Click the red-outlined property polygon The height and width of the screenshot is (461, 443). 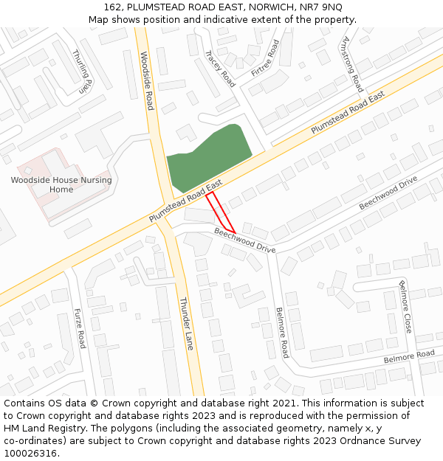(x=220, y=212)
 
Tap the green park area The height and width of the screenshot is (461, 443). (x=207, y=156)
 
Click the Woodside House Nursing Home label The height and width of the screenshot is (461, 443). (x=61, y=184)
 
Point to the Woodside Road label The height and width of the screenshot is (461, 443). (x=146, y=80)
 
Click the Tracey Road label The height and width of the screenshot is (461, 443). (x=219, y=69)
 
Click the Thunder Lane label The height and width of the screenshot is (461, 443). (x=186, y=322)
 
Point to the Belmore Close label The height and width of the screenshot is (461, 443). (x=405, y=306)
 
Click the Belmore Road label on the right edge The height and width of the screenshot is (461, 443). (x=409, y=357)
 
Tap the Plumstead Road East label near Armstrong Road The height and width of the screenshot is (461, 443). (x=348, y=113)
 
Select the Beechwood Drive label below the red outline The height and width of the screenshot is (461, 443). (x=245, y=240)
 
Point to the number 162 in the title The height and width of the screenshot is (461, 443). (x=112, y=7)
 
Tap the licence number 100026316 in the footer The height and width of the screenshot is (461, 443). (x=30, y=453)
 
